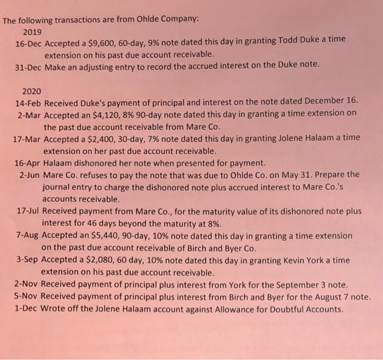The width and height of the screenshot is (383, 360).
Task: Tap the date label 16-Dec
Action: click(x=28, y=43)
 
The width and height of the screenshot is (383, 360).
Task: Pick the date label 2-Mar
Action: click(x=30, y=114)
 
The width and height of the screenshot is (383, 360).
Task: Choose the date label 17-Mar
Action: click(x=27, y=137)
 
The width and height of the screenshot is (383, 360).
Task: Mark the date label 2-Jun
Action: click(x=29, y=175)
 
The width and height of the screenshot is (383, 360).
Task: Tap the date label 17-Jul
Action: click(x=28, y=211)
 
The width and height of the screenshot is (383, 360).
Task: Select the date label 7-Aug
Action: click(x=28, y=235)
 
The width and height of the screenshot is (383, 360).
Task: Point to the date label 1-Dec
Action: click(x=26, y=309)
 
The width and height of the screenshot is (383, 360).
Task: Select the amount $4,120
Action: click(x=97, y=114)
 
